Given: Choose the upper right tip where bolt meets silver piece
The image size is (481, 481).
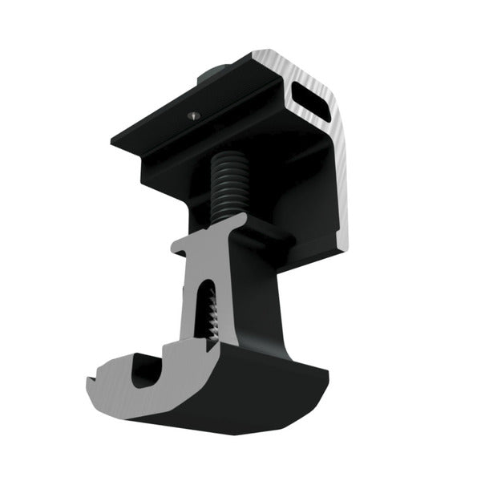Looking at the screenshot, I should pos(240,218).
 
